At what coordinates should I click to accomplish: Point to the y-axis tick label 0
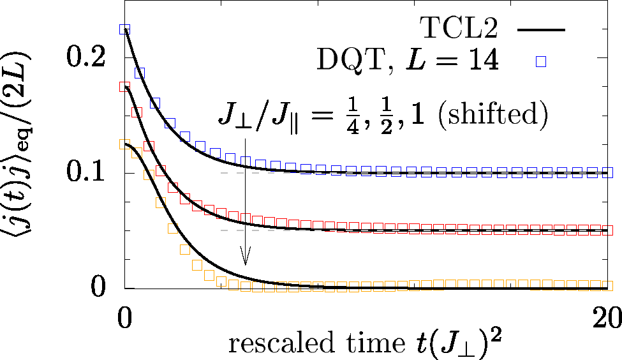(102, 287)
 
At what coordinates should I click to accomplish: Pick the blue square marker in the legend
(541, 61)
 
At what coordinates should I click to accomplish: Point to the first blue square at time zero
(125, 29)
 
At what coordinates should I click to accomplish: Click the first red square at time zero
(125, 86)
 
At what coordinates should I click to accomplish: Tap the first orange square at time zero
(125, 144)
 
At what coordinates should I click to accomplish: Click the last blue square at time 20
(608, 172)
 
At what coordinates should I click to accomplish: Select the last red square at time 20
(608, 230)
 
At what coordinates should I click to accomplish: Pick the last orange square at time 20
(608, 285)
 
